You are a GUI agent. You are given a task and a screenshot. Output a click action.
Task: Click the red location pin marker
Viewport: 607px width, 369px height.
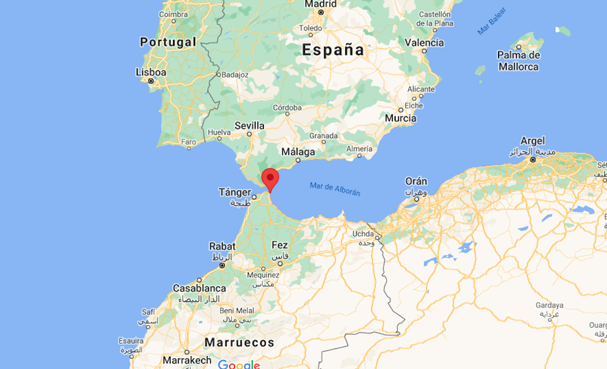pos(270,178)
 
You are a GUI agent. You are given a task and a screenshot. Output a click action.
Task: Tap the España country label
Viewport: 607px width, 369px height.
pos(333,50)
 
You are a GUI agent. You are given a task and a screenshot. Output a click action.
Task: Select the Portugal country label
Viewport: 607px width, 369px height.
pos(167,42)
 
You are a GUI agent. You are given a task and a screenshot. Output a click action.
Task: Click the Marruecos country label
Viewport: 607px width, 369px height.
pos(239,342)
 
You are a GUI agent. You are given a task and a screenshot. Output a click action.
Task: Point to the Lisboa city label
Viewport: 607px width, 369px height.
pos(151,72)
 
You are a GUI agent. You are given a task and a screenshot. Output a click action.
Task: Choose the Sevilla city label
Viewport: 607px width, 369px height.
pos(249,126)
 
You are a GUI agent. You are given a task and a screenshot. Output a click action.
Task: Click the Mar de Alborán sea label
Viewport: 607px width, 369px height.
pos(335,189)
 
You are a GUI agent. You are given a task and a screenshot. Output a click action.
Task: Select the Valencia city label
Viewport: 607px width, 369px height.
pos(424,43)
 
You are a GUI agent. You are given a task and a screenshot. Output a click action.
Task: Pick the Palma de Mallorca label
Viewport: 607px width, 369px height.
pos(518,61)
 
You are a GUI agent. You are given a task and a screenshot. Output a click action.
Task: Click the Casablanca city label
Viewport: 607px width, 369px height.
pos(199,288)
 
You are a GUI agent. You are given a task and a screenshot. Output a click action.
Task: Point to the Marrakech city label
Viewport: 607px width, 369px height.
pos(188,360)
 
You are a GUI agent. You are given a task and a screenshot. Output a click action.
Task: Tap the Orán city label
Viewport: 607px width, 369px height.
pos(416,182)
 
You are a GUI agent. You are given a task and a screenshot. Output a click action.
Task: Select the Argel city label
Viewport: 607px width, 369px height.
pos(532,141)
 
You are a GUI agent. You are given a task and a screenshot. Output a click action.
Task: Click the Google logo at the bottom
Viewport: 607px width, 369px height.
pos(238,365)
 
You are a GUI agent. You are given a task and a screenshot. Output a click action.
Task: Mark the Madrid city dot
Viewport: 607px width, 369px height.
pos(321,12)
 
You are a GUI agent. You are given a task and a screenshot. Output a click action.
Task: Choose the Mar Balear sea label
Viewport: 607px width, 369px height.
pos(492,22)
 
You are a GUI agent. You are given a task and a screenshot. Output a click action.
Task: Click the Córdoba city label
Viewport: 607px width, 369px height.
pos(287,108)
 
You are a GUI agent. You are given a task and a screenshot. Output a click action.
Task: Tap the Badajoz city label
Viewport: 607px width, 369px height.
pos(235,75)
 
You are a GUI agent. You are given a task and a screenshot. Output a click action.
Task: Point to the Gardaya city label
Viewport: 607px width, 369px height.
pos(550,305)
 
